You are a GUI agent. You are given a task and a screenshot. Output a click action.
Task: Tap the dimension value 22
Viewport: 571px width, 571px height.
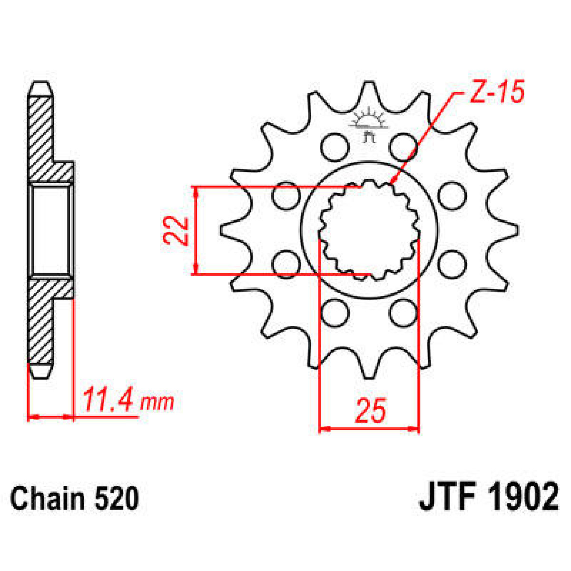click(176, 230)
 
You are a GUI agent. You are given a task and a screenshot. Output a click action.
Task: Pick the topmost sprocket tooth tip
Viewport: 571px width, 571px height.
click(368, 84)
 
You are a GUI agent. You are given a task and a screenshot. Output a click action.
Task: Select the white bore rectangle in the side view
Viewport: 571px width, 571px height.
click(50, 230)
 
